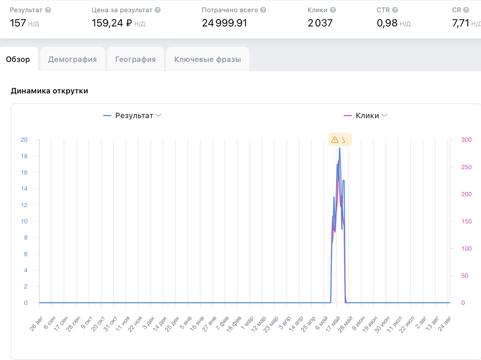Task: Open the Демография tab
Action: (73, 59)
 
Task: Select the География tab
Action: (135, 59)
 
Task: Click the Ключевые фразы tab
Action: (208, 59)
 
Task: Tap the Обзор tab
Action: (18, 59)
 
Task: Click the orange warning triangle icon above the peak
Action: (335, 140)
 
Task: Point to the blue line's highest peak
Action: (340, 148)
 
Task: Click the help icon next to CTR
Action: (395, 10)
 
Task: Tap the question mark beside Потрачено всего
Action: (263, 10)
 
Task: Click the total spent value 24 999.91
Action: (224, 23)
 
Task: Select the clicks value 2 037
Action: (320, 23)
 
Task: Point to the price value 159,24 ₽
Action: (112, 23)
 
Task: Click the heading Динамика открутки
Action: (49, 91)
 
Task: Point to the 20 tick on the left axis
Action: (24, 140)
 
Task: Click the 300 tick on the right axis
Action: (466, 140)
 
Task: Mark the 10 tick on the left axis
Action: (24, 221)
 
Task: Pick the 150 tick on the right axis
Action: (466, 221)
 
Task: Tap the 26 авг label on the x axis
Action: (36, 324)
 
